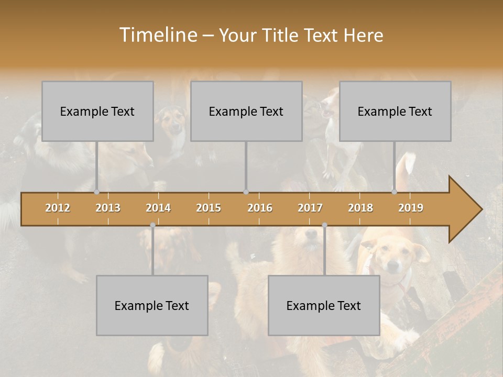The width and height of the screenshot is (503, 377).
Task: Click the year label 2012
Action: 58,208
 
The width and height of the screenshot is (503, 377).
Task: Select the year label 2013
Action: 108,208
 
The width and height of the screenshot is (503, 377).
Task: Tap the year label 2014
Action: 158,208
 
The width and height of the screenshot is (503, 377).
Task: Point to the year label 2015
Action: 209,208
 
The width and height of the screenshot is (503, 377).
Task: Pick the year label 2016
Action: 260,208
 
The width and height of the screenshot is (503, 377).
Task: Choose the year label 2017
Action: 310,208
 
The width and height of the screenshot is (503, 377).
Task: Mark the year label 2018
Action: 360,208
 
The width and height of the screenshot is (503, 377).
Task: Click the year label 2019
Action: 411,208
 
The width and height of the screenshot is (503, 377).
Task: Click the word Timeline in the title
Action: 157,35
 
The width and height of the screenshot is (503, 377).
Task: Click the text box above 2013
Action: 97,111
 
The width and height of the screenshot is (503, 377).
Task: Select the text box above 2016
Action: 246,111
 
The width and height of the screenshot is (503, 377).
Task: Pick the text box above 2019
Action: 395,111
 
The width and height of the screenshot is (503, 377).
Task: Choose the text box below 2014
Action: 152,305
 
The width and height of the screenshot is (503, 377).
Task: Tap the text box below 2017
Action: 324,305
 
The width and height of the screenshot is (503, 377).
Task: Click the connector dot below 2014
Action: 152,225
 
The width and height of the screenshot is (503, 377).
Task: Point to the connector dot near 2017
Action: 324,225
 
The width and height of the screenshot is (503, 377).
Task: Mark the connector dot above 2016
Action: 246,192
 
